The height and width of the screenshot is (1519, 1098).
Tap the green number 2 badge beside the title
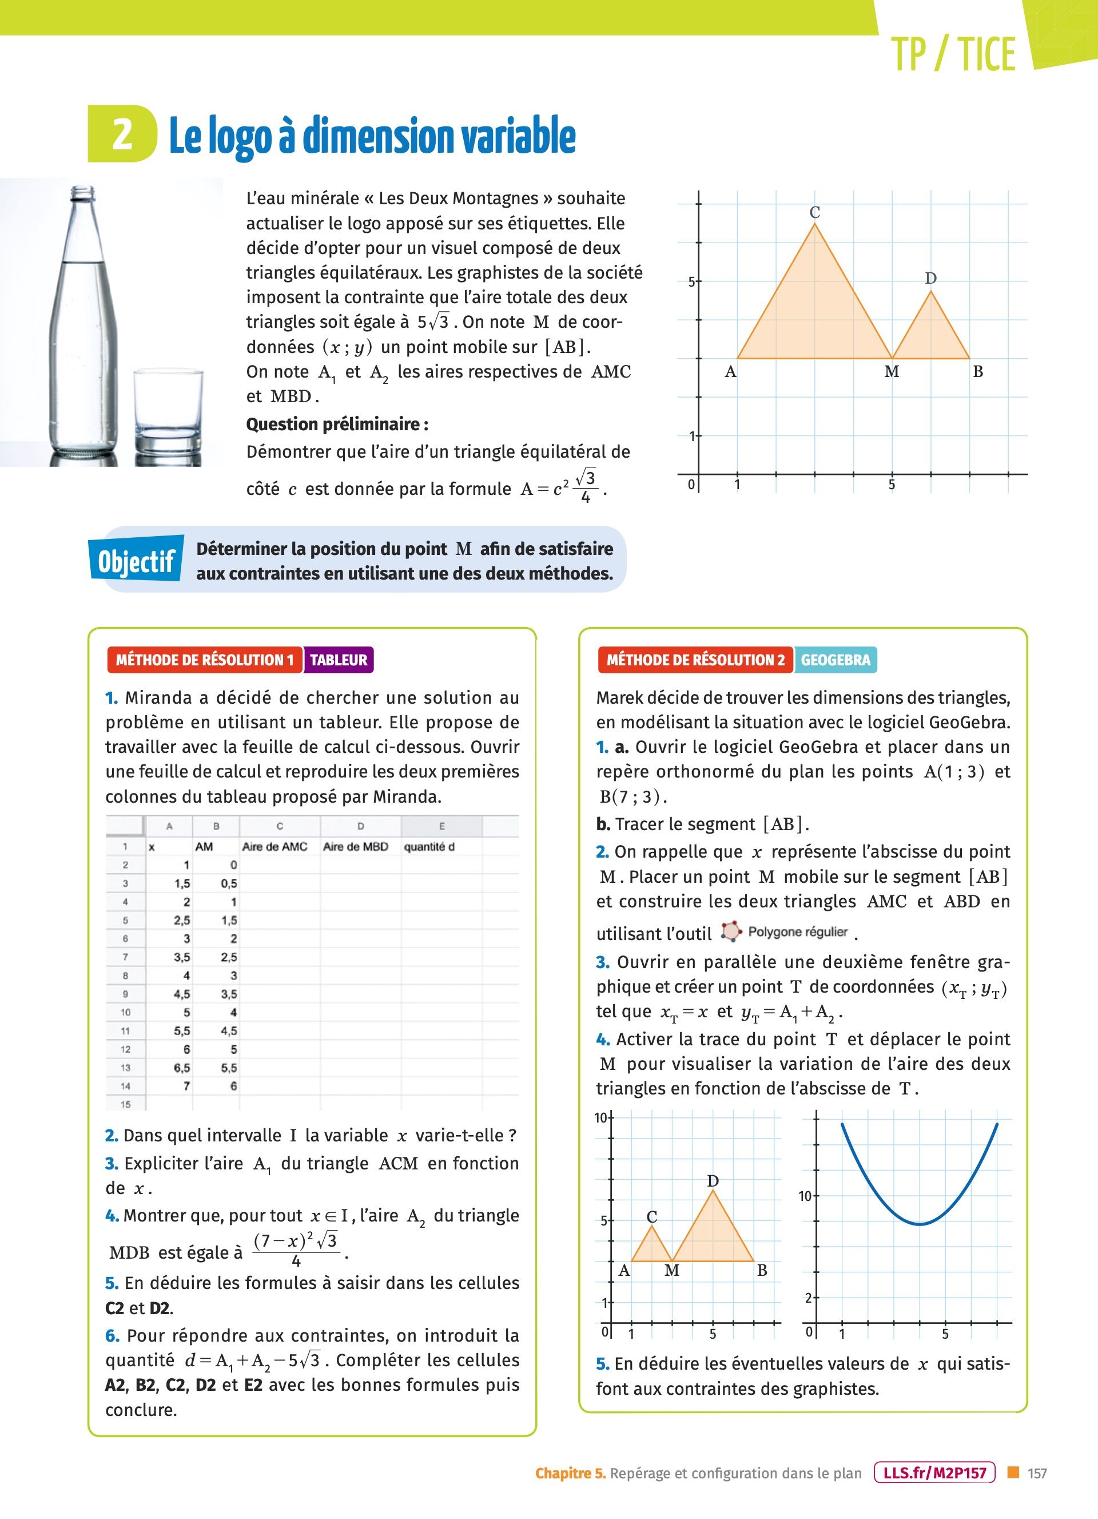(x=122, y=134)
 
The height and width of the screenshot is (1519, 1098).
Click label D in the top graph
(x=930, y=279)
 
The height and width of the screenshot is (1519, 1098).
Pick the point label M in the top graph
(x=891, y=372)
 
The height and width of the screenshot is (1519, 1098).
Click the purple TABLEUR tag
(x=338, y=660)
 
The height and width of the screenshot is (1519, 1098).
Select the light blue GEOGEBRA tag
(x=835, y=660)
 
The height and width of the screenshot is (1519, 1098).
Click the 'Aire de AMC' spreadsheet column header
(x=274, y=847)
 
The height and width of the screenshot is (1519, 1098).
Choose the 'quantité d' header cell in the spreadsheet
(x=429, y=847)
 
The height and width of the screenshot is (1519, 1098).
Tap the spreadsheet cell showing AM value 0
(x=233, y=864)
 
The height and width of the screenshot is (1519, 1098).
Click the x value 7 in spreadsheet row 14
(x=187, y=1086)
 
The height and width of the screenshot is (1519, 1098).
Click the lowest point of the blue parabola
(x=921, y=1224)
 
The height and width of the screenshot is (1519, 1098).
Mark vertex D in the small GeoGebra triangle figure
(x=713, y=1190)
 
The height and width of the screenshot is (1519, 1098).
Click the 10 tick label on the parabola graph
(x=805, y=1196)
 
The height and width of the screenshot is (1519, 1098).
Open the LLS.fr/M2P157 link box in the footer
(x=934, y=1473)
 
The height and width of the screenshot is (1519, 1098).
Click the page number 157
(x=1037, y=1473)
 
